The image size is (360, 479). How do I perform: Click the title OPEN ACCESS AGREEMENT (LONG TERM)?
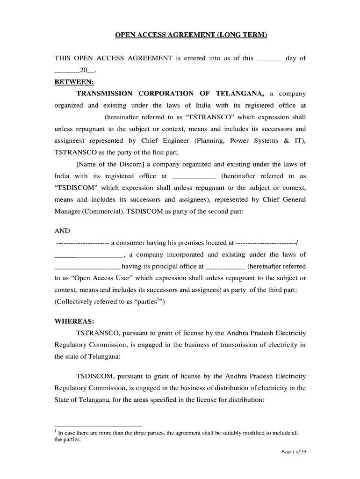point(191,35)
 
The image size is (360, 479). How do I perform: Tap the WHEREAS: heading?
point(74,321)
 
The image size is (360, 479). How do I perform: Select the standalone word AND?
point(62,231)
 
